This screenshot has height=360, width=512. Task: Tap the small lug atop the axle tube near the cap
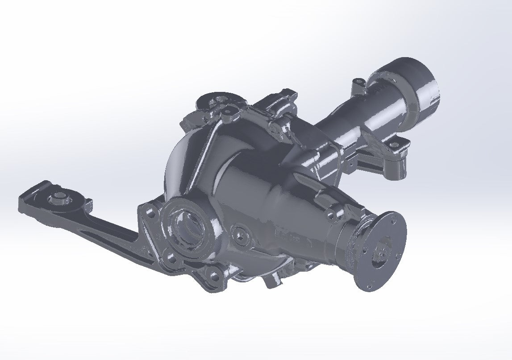point(357,83)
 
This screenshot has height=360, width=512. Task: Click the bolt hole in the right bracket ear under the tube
point(395,144)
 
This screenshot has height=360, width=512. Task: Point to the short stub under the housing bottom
point(272,281)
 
